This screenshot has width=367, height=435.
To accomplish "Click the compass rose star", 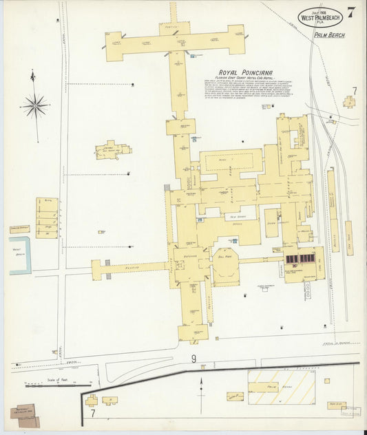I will point(34,105).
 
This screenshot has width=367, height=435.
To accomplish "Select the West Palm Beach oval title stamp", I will point(319,17).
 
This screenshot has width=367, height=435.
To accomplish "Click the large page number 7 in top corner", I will point(351,12).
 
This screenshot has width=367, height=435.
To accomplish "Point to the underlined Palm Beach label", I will point(328,34).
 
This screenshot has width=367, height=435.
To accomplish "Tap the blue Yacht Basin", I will point(20,255).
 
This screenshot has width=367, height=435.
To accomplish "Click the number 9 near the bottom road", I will point(193,359).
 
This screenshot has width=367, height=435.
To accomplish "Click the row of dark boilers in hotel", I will point(300,259).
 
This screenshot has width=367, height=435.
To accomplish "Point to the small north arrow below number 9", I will point(201,385).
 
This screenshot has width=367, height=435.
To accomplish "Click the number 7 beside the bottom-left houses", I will point(92,414).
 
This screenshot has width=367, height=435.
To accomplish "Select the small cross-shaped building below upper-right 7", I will point(350,103).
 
